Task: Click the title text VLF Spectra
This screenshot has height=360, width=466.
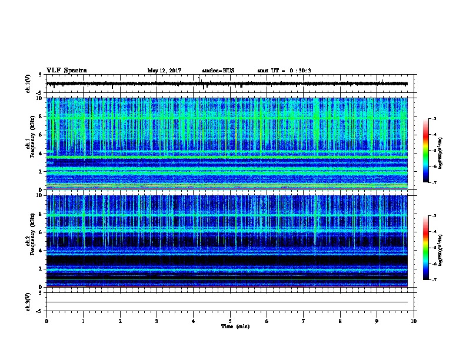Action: [66, 71]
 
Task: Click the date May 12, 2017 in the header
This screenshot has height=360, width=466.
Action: [164, 71]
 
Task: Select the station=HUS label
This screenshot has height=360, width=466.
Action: [218, 71]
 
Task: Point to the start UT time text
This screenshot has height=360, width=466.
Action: [284, 71]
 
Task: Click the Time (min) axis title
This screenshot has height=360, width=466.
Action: [235, 326]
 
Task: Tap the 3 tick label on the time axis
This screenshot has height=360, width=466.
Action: [157, 321]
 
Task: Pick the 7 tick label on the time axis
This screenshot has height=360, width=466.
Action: [304, 321]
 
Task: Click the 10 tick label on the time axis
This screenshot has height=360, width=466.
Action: [414, 321]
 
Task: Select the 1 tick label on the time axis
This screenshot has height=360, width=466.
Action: [83, 321]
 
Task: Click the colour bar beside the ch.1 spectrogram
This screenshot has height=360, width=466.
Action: [432, 151]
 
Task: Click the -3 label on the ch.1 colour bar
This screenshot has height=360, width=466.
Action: [441, 119]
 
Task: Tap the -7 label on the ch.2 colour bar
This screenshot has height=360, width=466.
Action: [441, 280]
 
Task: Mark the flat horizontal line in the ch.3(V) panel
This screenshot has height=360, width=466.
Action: [229, 302]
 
